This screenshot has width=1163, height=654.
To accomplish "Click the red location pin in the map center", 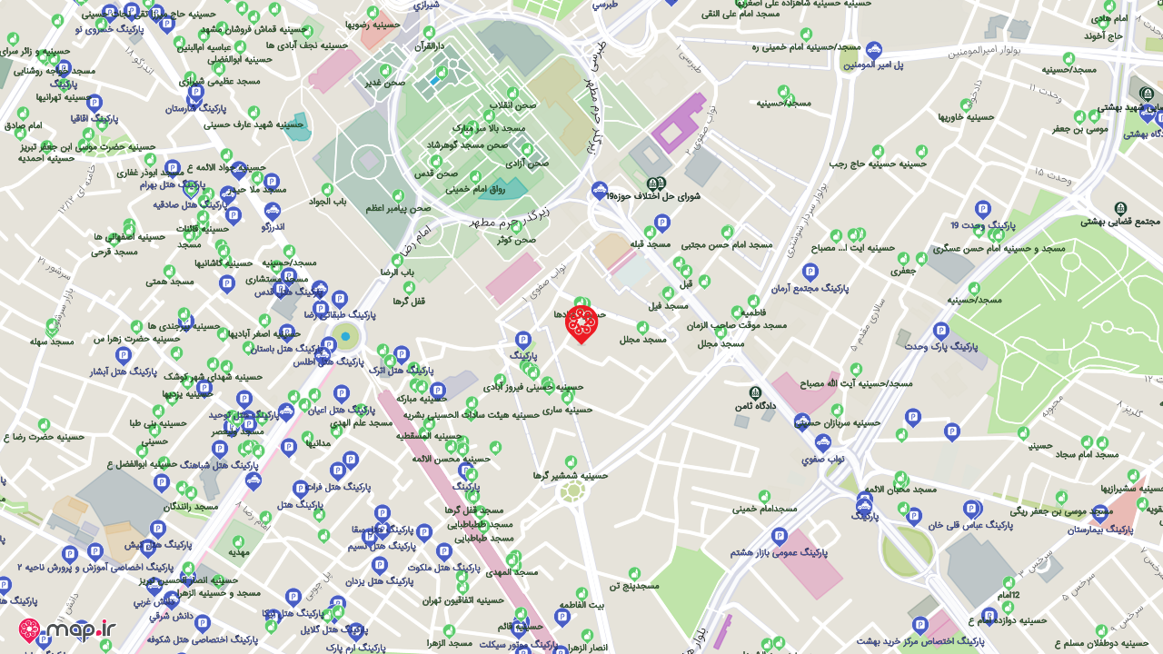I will point(581,323).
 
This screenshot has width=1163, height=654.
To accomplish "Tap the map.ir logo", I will point(68,629).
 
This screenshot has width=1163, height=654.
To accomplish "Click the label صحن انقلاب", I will point(512,105).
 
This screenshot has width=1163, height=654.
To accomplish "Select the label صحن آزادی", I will point(527,163).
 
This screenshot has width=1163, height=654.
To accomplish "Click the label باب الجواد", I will point(327,202).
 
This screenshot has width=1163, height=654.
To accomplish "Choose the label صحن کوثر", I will point(516,240).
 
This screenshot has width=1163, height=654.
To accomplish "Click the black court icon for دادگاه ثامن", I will point(755,392).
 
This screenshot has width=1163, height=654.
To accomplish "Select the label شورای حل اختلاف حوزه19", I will point(654,195).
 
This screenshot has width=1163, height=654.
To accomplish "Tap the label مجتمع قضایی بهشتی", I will point(1120,221).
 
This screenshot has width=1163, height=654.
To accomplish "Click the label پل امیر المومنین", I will point(873,64).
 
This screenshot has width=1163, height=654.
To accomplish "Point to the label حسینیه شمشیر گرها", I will point(570,475).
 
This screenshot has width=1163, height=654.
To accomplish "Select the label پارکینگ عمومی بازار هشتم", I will point(779,552).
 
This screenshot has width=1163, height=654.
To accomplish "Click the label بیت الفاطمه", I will point(581,604).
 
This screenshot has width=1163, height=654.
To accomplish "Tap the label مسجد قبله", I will point(650,243).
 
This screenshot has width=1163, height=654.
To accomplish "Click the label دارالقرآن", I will point(430,45).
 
